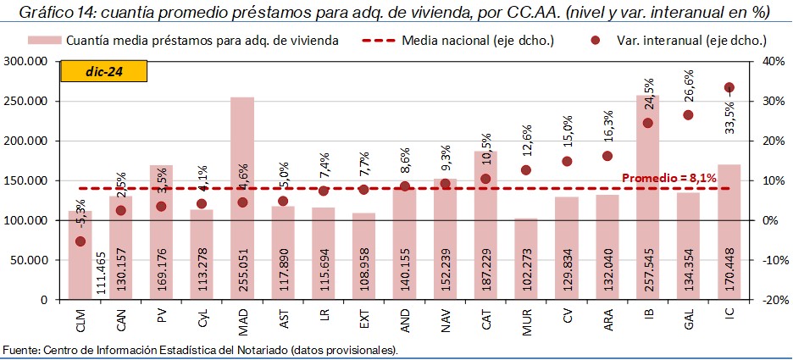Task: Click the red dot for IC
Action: tap(729, 87)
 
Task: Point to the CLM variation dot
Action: tap(80, 241)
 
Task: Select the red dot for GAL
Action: tap(688, 115)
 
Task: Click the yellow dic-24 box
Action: tap(103, 72)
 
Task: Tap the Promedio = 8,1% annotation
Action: tap(669, 178)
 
